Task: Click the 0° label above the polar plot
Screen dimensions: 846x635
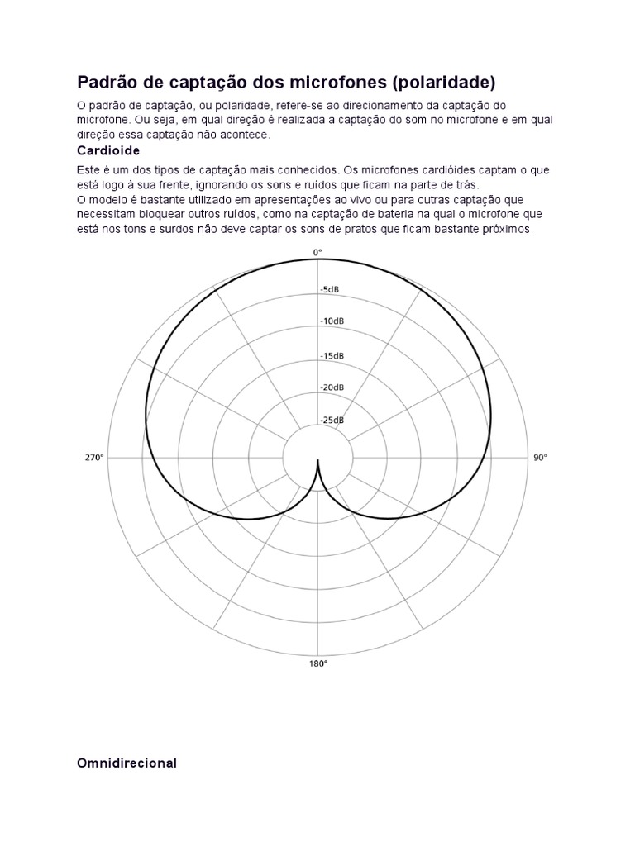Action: tap(317, 252)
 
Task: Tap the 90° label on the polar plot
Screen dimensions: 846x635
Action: tap(540, 458)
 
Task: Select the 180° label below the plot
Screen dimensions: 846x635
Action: tap(318, 663)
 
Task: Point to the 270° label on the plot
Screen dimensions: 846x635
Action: tap(93, 458)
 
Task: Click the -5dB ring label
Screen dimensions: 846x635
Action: tap(331, 290)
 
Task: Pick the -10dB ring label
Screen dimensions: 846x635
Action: tap(332, 321)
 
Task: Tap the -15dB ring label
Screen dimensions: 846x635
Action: tap(332, 355)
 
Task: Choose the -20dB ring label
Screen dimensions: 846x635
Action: tap(332, 387)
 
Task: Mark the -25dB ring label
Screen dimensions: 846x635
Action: tap(332, 421)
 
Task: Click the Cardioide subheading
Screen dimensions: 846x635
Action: tap(108, 151)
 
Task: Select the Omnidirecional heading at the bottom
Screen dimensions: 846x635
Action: tap(127, 763)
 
